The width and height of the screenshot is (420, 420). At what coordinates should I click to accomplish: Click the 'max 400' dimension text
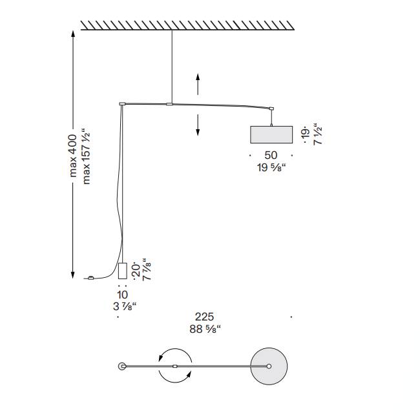tap(73, 156)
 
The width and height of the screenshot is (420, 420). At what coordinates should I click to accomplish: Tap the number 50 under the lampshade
tap(271, 155)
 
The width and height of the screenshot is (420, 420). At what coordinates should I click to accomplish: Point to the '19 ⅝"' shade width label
tap(271, 167)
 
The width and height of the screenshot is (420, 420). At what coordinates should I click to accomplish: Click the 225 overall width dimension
tap(204, 317)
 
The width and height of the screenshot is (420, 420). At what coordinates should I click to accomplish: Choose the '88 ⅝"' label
tap(205, 329)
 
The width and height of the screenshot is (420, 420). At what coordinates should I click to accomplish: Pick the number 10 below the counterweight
tap(122, 295)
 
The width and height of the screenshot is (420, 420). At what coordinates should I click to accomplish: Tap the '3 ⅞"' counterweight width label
tap(125, 306)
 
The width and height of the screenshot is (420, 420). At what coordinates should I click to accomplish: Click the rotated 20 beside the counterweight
tap(136, 271)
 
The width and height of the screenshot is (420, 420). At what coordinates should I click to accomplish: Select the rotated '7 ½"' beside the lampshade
tap(317, 134)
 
